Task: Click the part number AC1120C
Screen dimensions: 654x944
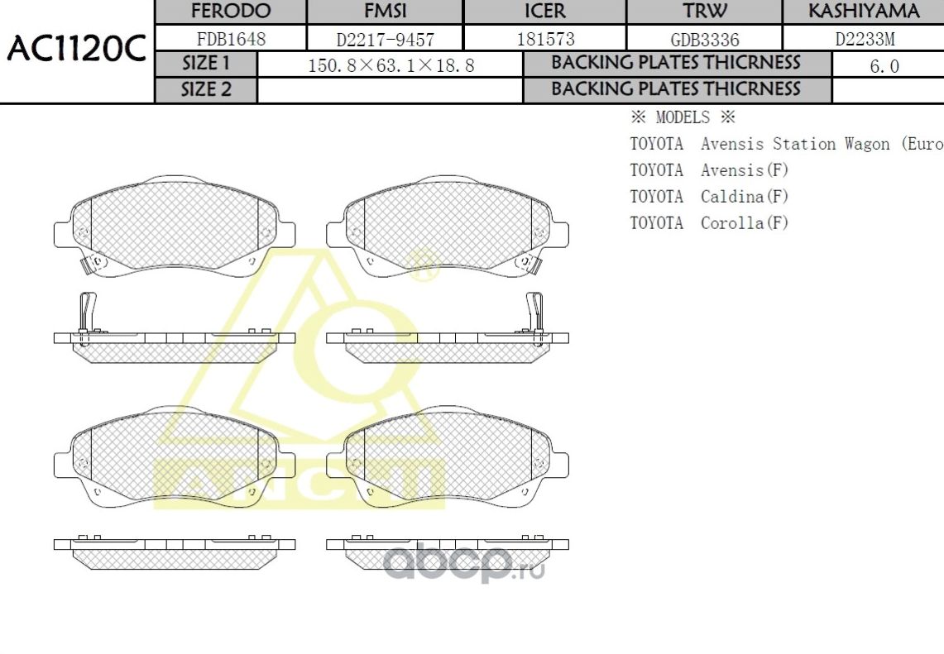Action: pos(76,51)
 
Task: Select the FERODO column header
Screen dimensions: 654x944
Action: pos(231,12)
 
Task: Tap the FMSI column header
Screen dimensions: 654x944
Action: pos(385,12)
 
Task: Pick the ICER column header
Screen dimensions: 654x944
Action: pos(545,12)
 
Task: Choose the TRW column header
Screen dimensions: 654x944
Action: pos(705,12)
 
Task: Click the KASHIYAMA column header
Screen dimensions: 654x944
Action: pos(863,12)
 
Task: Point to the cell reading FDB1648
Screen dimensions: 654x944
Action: pos(231,39)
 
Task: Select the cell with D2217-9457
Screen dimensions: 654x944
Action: pos(385,39)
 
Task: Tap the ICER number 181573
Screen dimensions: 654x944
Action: pos(545,39)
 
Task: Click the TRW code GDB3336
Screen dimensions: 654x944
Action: pos(705,39)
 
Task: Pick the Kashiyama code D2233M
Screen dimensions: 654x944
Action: pos(864,39)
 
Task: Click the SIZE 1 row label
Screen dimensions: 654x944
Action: pos(206,64)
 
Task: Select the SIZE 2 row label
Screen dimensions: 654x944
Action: pos(206,90)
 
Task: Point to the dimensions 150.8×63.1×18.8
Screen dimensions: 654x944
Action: pos(391,65)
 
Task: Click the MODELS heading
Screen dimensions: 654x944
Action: pos(683,117)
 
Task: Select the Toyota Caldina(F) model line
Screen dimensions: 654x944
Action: pos(709,197)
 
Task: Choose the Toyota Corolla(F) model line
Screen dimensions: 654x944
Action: pos(709,223)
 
